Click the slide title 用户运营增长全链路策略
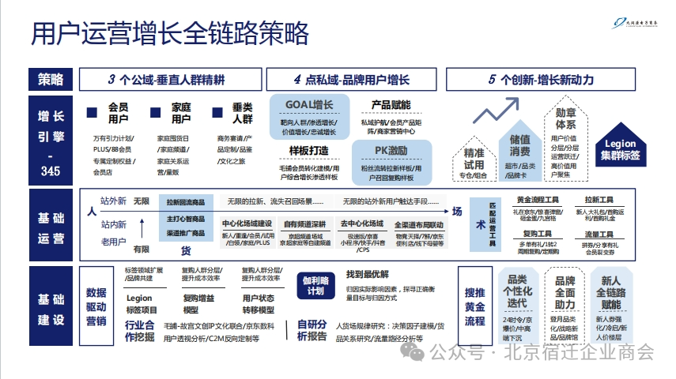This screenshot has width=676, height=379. click(x=169, y=34)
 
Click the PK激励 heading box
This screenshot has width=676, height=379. click(x=391, y=151)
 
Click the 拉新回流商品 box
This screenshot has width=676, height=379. click(x=186, y=203)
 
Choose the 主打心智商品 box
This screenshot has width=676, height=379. click(x=186, y=218)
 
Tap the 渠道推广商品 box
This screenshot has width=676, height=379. click(x=186, y=233)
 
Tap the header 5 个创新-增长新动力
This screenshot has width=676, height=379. click(x=541, y=79)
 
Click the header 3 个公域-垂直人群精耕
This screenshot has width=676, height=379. click(x=166, y=79)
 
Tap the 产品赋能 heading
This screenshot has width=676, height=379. click(x=391, y=105)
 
